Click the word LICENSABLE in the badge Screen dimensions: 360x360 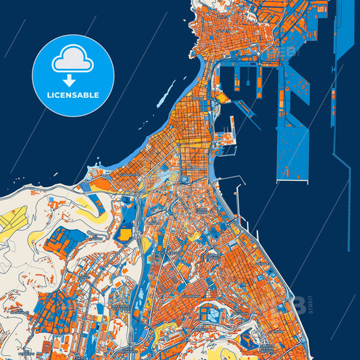(x=74, y=95)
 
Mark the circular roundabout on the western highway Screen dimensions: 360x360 (x=138, y=236)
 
